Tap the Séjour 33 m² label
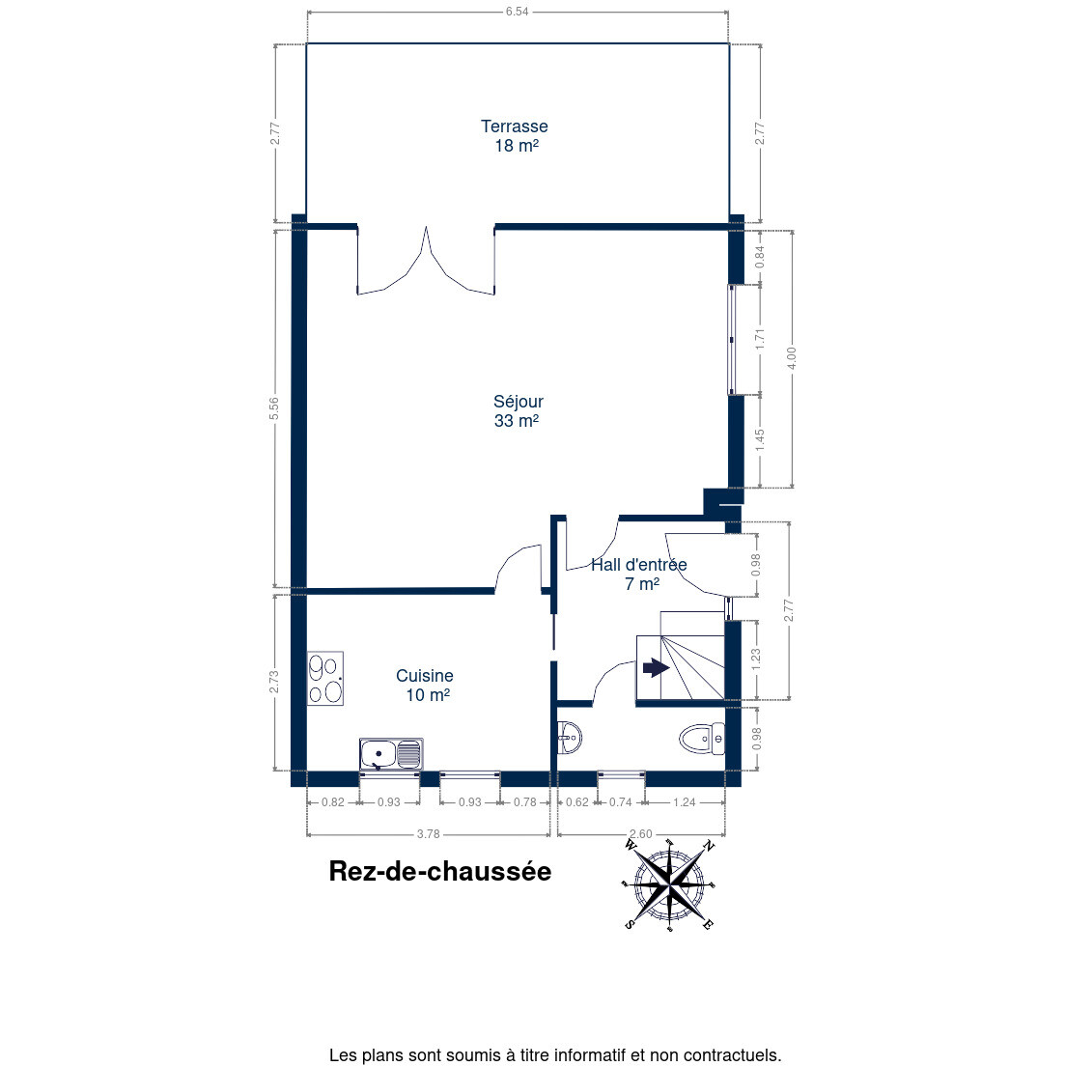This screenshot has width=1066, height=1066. (x=518, y=410)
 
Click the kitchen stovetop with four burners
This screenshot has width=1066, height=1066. (x=325, y=679)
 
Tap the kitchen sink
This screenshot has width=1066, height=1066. (x=391, y=755)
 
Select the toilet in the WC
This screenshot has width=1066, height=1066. (x=702, y=739)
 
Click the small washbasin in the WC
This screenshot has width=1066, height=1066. (x=570, y=738)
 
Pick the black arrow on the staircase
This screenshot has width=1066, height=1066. (x=656, y=667)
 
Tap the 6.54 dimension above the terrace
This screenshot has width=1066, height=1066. (x=517, y=12)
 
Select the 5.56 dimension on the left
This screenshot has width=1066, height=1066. (x=274, y=407)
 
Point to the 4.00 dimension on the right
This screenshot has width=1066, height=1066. (x=791, y=358)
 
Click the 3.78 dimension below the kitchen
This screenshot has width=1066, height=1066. (x=429, y=833)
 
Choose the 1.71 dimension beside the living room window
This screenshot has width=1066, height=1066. (x=760, y=339)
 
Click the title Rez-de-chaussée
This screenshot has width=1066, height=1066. (x=440, y=872)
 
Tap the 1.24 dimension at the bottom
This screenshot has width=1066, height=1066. (x=684, y=802)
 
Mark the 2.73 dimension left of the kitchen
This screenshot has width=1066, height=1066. (x=274, y=682)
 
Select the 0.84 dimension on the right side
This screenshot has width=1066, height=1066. (x=760, y=256)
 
